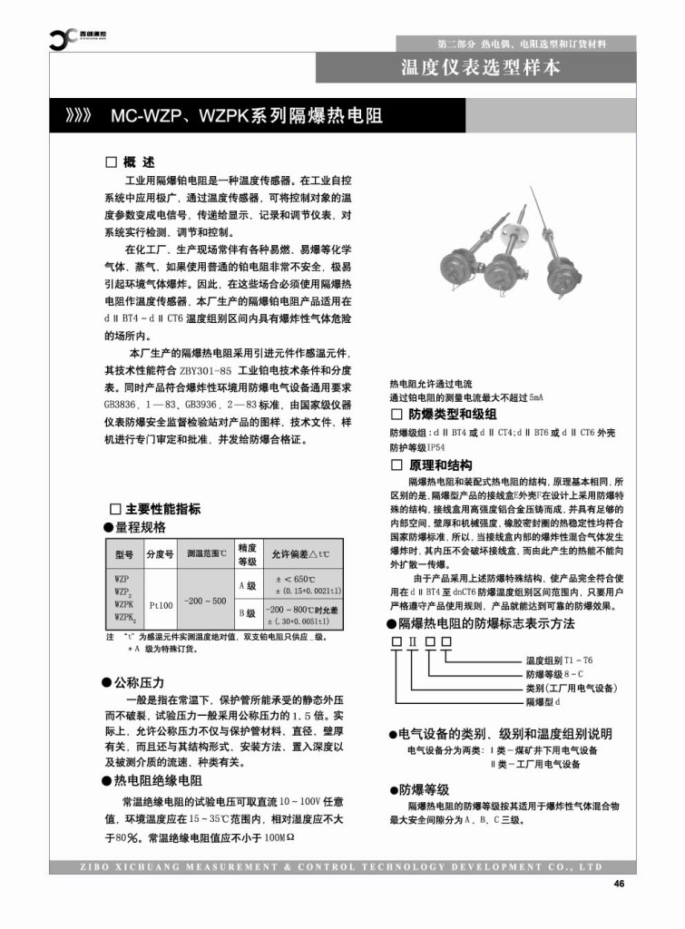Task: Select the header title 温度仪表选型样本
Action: [x=481, y=67]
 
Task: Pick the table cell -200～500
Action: [x=204, y=601]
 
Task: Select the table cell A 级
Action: [x=247, y=586]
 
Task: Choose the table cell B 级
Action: [x=247, y=614]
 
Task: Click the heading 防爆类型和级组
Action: [x=445, y=415]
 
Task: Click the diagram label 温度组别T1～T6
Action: [x=559, y=660]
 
